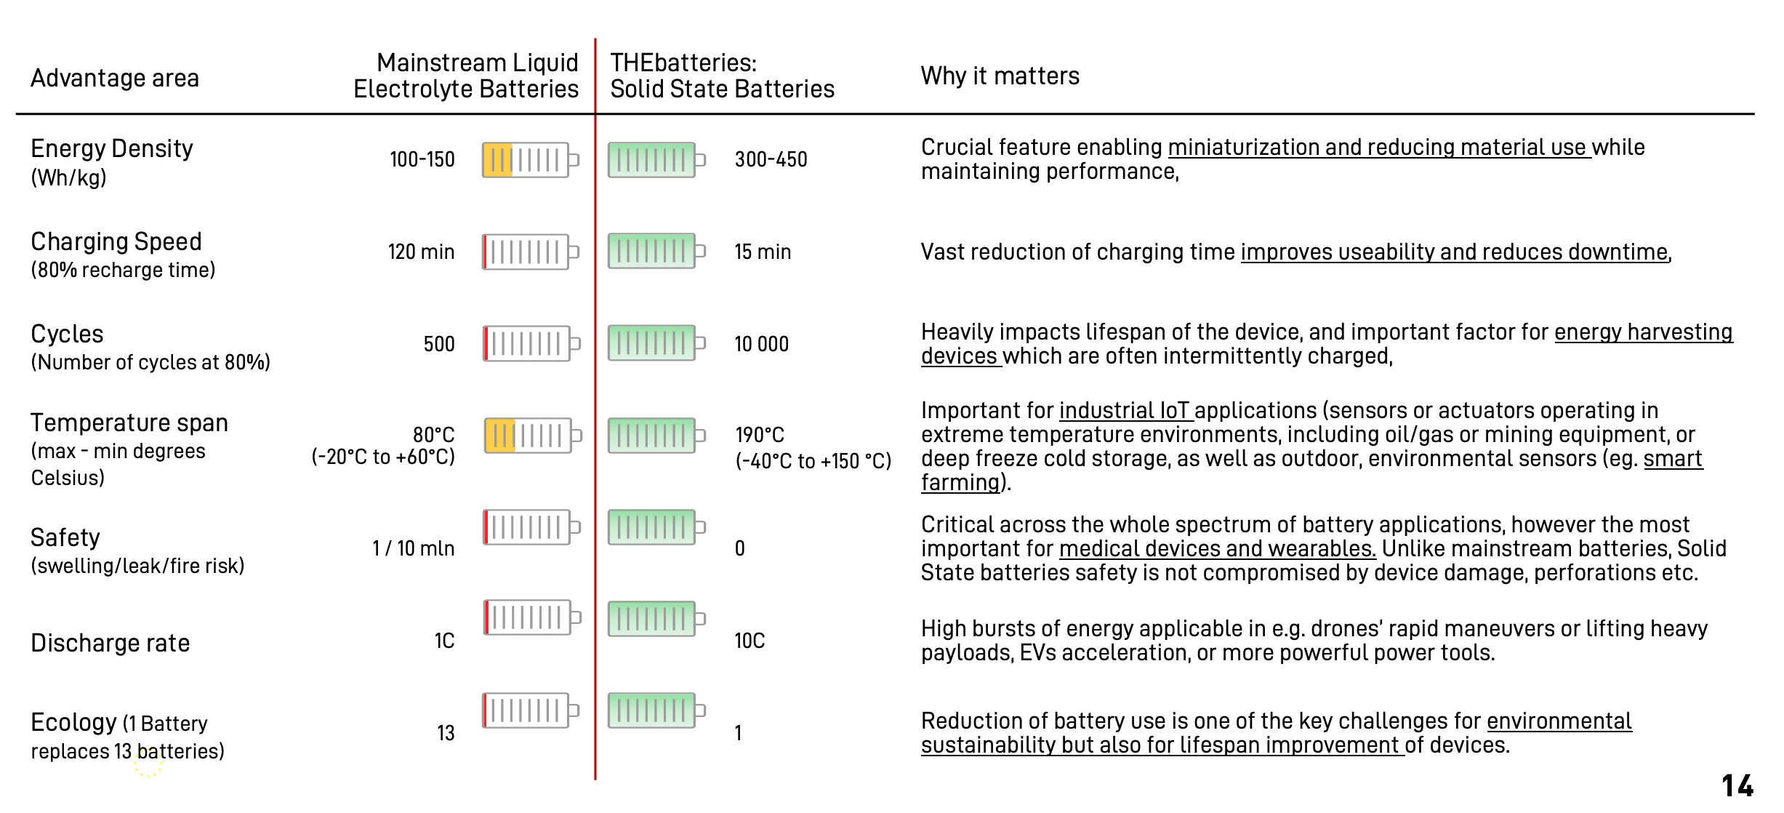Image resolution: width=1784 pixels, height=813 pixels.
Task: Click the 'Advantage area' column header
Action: pos(115,78)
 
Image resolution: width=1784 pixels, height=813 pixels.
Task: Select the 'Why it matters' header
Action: pos(1000,76)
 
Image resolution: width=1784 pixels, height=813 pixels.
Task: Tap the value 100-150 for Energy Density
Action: pos(422,159)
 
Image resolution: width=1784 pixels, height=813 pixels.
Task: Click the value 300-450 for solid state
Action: pos(771,159)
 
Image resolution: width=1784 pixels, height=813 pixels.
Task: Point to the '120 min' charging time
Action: pos(421,252)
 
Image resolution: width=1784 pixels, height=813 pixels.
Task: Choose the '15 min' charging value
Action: pos(763,252)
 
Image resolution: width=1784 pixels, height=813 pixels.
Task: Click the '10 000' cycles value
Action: pos(761,344)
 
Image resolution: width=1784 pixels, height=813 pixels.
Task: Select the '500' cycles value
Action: pos(439,344)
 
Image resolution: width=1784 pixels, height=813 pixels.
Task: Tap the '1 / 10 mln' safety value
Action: pos(413,548)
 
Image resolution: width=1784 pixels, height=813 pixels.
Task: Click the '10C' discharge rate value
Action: pos(750,641)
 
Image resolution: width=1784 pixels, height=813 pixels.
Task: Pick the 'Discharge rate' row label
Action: pos(111,643)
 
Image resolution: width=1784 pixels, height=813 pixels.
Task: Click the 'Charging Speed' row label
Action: pos(116,241)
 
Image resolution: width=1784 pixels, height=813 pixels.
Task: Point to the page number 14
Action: pos(1737,786)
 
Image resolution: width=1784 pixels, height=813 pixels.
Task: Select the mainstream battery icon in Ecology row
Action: pos(531,710)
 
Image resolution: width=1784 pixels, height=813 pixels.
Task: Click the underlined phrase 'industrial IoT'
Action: pos(1126,411)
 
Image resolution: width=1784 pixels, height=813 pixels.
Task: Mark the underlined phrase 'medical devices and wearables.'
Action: pos(1218,549)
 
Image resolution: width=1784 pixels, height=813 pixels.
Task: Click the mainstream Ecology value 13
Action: pos(446,733)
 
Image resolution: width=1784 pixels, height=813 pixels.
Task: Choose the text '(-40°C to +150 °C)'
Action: pos(813,461)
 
